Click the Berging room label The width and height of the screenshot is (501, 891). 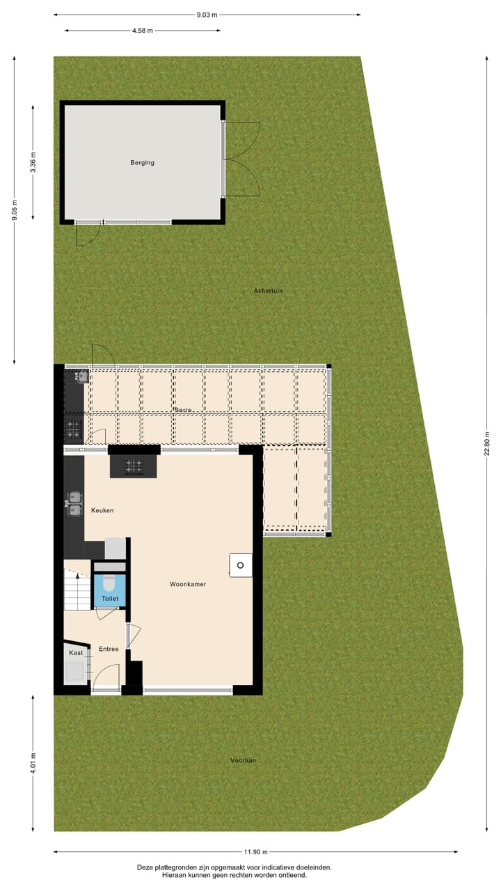point(142,163)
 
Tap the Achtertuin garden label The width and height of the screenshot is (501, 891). point(268,291)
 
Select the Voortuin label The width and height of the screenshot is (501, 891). point(243,760)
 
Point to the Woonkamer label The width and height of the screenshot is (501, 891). point(188,585)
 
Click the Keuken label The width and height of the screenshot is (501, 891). point(102,510)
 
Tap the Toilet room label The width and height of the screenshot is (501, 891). point(110,599)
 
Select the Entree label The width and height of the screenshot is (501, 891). point(109,649)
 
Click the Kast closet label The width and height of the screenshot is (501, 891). point(75,653)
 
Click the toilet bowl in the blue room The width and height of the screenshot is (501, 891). point(109,583)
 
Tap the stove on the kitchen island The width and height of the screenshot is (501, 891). point(134,465)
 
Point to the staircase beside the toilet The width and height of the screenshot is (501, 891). point(77,589)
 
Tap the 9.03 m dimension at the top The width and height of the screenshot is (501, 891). point(206,14)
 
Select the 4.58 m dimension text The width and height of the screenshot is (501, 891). point(142,31)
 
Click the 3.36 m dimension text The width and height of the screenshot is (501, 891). point(33,162)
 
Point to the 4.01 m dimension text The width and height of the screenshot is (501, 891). point(33,763)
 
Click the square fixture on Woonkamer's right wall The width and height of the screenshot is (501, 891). point(241,565)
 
